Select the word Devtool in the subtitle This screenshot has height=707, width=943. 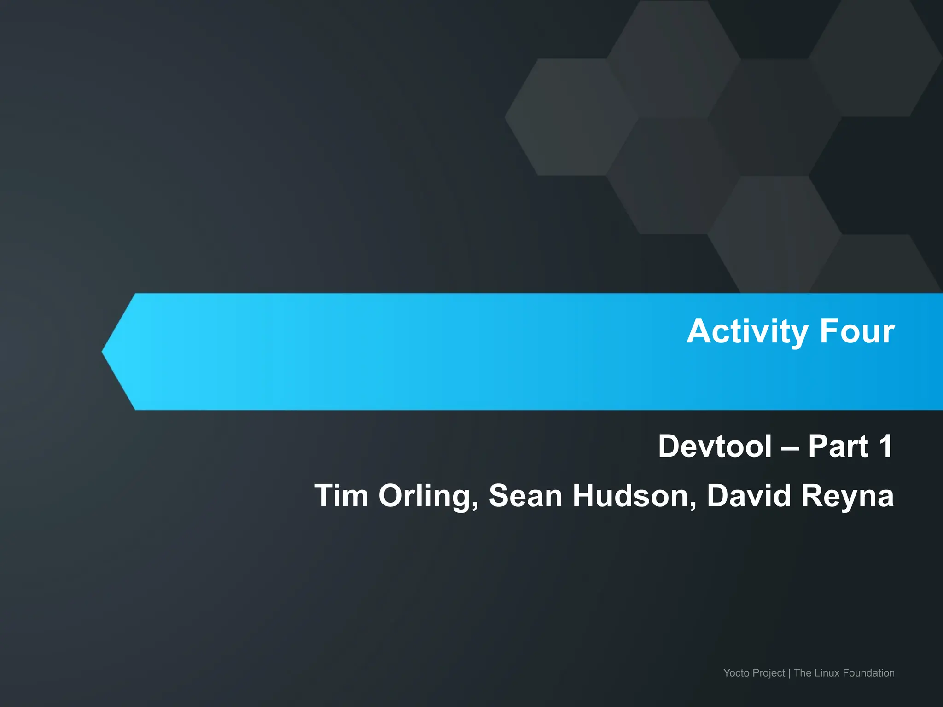pyautogui.click(x=715, y=446)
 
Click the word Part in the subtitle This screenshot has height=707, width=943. pyautogui.click(x=838, y=446)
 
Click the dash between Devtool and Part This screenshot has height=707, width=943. pyautogui.click(x=790, y=448)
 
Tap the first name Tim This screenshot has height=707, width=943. pyautogui.click(x=341, y=496)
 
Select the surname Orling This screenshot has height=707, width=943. pyautogui.click(x=426, y=496)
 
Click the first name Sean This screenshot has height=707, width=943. pyautogui.click(x=525, y=496)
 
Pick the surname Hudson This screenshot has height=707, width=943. pyautogui.click(x=634, y=496)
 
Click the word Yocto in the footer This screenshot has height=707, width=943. pyautogui.click(x=736, y=673)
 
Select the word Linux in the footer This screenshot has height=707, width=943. pyautogui.click(x=828, y=673)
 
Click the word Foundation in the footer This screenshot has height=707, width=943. pyautogui.click(x=868, y=673)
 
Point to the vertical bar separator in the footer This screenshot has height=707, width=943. pyautogui.click(x=789, y=673)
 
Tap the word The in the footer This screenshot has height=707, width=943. pyautogui.click(x=803, y=673)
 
